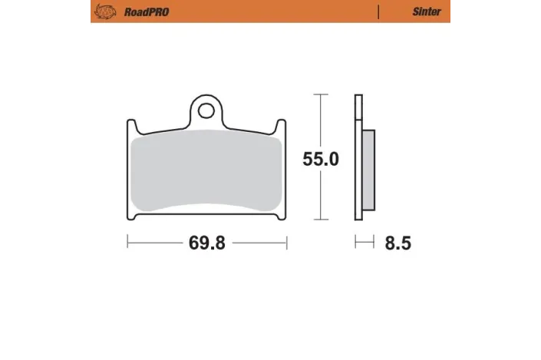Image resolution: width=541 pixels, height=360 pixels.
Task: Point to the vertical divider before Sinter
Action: (x=379, y=12)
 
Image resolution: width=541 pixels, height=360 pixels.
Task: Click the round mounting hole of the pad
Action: (x=206, y=111)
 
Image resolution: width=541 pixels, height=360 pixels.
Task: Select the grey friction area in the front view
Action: (x=206, y=173)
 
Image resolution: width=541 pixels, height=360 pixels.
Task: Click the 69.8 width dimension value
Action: (x=206, y=243)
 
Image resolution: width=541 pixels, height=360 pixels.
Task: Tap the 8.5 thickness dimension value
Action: (x=397, y=243)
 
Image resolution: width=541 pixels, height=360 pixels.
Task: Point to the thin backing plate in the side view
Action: (x=358, y=161)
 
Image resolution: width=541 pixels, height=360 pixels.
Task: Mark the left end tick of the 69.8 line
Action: (x=127, y=243)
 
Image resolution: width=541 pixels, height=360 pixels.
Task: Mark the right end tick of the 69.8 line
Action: (x=285, y=243)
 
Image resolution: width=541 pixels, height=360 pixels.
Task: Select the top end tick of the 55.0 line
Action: (x=320, y=94)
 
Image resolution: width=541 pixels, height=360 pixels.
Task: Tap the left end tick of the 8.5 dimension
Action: (x=355, y=243)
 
